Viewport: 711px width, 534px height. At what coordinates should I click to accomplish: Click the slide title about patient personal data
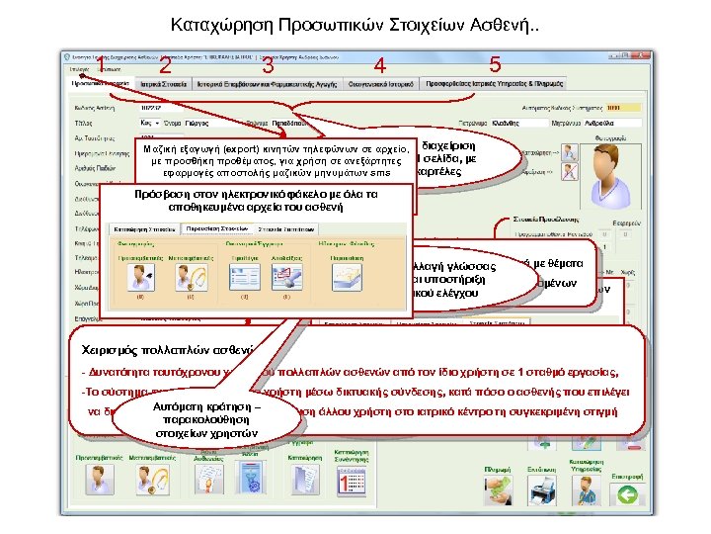(355, 23)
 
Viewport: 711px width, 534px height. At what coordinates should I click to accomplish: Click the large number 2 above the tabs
(165, 67)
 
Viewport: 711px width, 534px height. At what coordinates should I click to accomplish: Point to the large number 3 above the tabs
(268, 66)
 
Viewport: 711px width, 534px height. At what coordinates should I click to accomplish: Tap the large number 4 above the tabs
(379, 66)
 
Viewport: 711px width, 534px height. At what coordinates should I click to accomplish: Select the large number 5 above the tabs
(496, 65)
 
